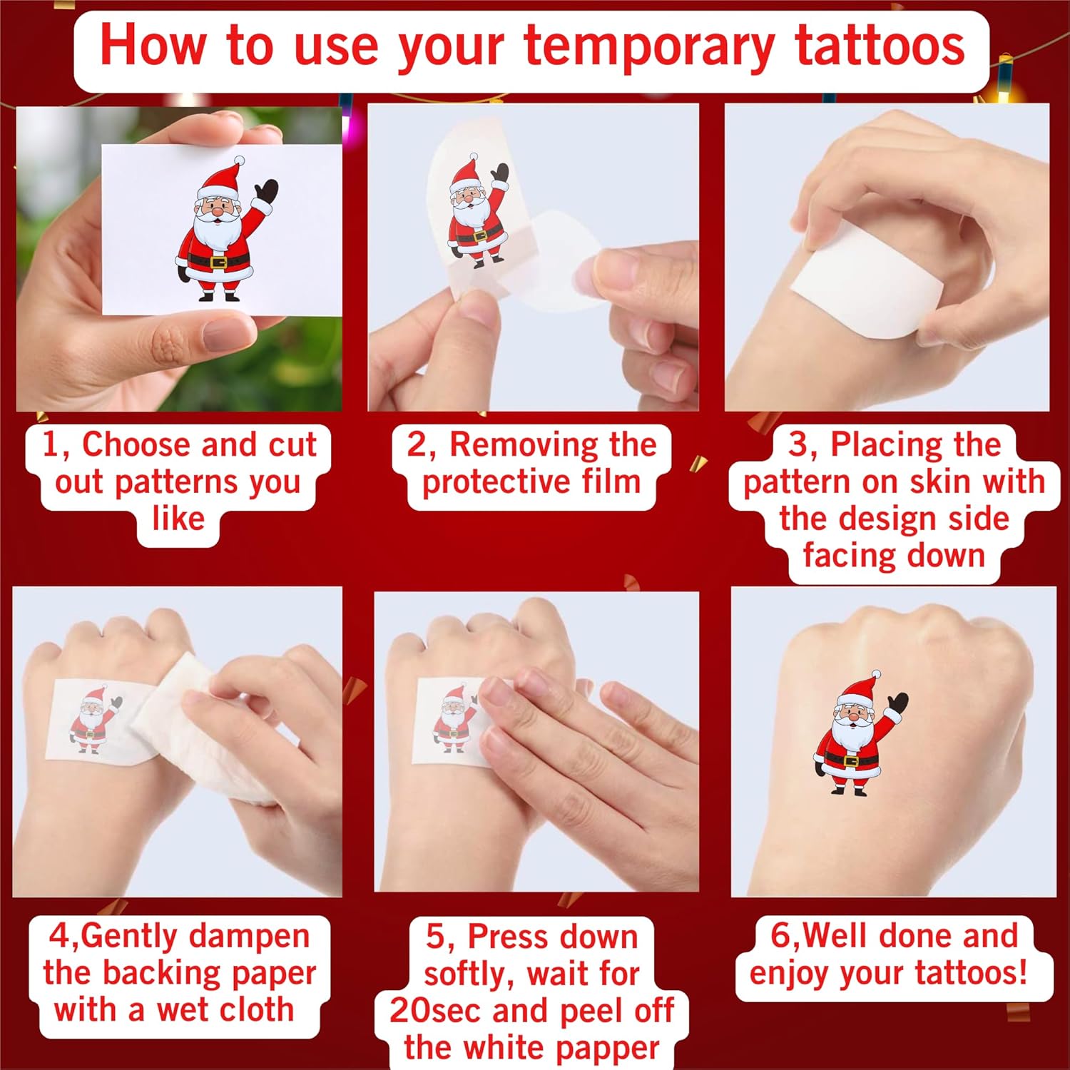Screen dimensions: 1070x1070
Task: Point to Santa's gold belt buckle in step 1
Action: pos(217,261)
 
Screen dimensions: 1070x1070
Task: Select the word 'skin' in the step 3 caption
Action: pos(945,482)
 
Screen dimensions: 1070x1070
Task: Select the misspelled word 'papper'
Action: pos(608,1049)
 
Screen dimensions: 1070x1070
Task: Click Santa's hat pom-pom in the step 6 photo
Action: pos(877,674)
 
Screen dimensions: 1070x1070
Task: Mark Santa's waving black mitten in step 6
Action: pos(897,705)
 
